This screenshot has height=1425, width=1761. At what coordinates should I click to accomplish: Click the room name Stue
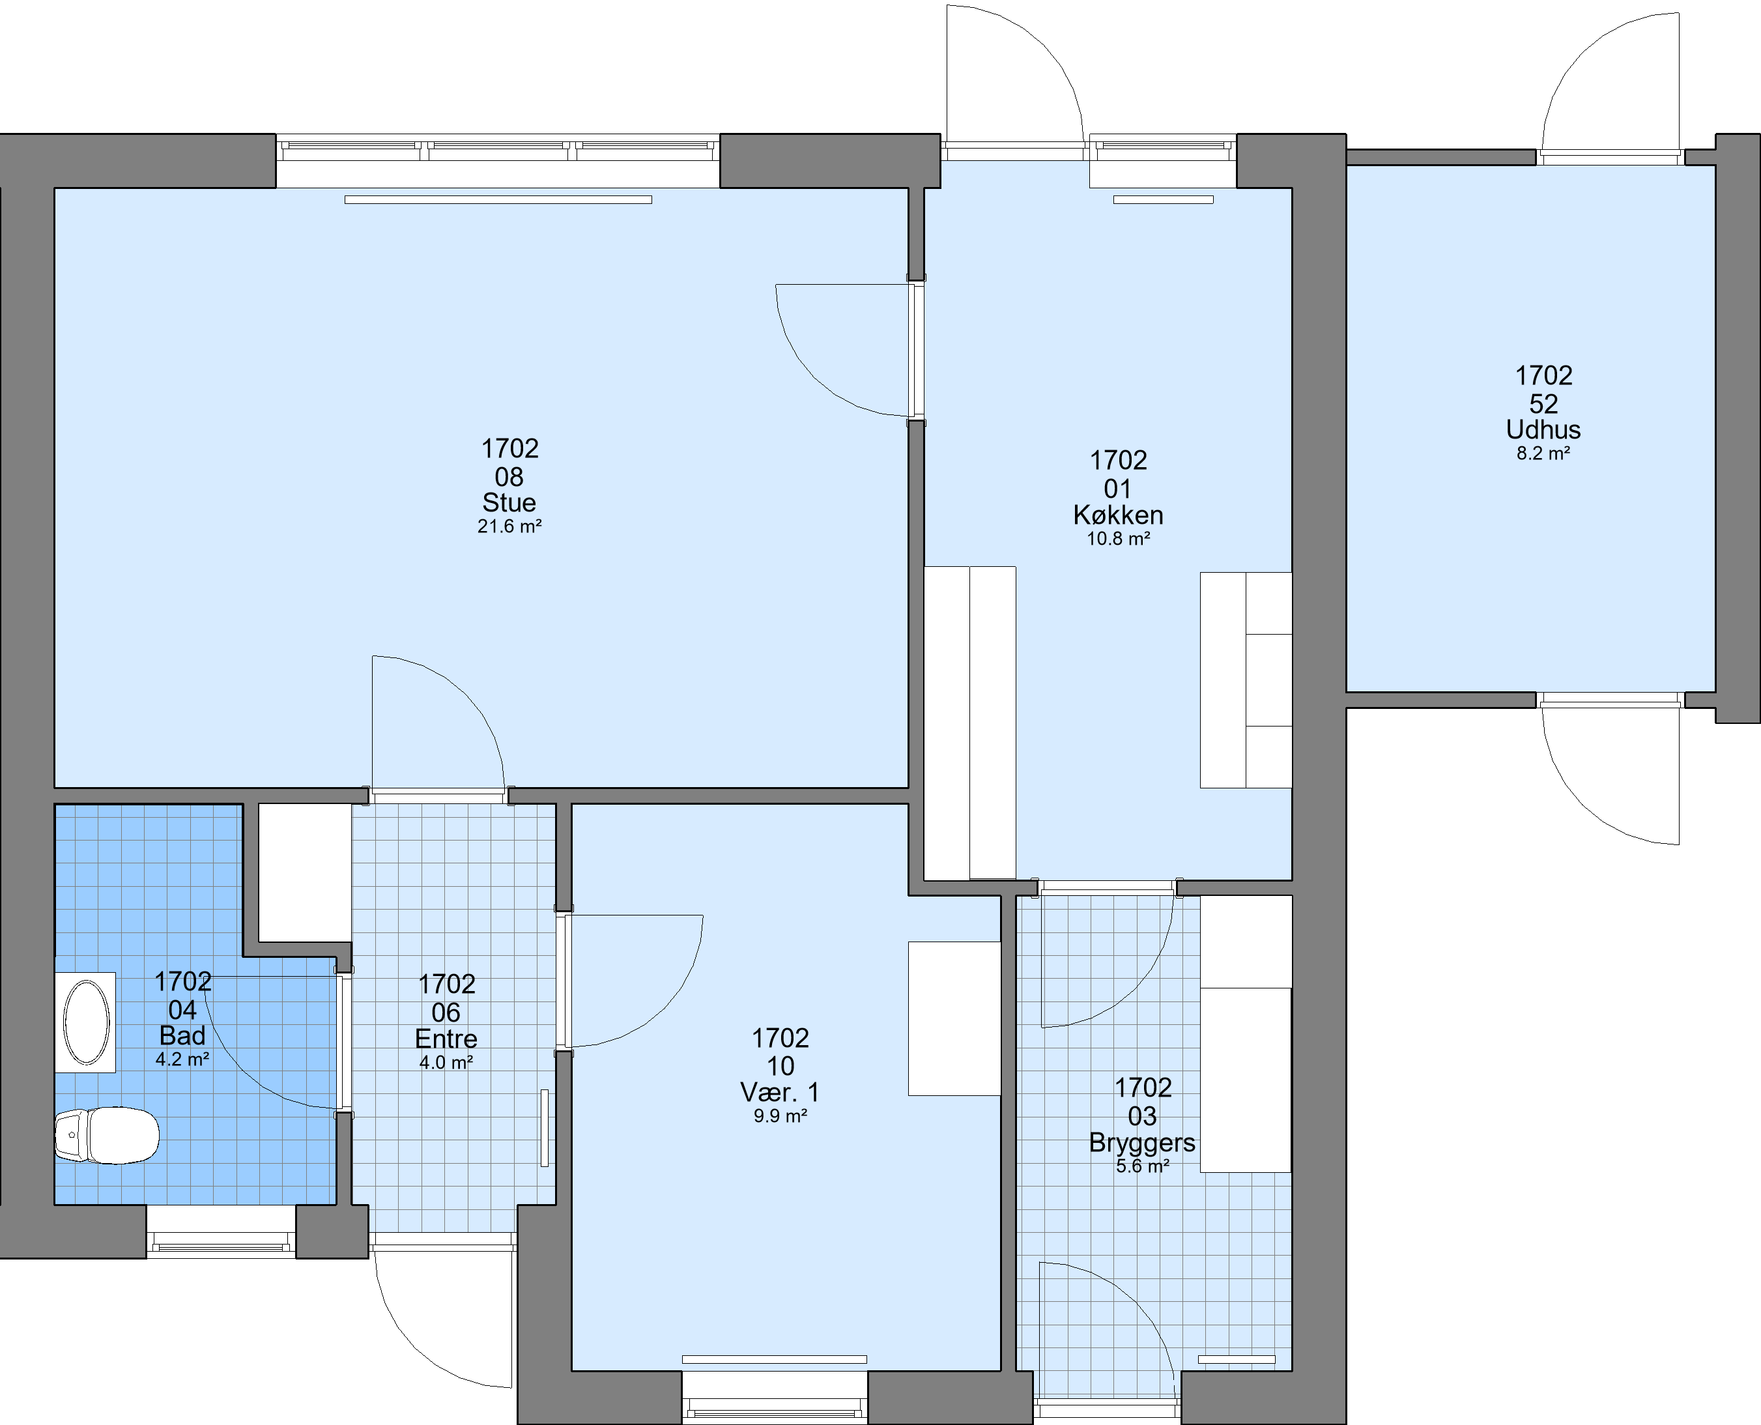click(x=509, y=502)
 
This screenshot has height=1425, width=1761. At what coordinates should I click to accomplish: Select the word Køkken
click(x=1118, y=515)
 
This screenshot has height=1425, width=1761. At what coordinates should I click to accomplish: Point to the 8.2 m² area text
click(x=1543, y=453)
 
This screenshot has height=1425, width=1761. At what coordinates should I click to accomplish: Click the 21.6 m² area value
click(x=509, y=526)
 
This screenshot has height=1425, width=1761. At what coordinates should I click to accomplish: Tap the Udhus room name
click(x=1543, y=429)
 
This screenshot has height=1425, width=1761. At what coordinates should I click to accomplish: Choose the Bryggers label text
click(x=1141, y=1144)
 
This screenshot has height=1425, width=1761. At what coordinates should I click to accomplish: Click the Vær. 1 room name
click(x=780, y=1092)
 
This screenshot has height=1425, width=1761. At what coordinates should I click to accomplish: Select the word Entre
click(x=446, y=1039)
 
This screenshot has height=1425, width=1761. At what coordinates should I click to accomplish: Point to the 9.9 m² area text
click(x=780, y=1116)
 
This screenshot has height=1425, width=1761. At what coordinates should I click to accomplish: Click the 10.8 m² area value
click(x=1118, y=538)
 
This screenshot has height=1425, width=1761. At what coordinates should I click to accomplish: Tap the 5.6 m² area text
click(x=1141, y=1166)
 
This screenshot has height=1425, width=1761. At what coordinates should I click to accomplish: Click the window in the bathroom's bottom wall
click(x=222, y=1244)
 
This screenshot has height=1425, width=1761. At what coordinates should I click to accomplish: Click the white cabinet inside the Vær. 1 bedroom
click(x=954, y=1018)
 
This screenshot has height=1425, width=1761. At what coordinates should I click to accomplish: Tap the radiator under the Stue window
click(x=498, y=199)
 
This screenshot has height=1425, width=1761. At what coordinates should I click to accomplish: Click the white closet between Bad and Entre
click(x=306, y=872)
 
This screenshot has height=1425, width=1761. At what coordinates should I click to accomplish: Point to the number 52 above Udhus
click(x=1543, y=404)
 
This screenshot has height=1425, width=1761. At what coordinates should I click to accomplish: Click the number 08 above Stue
click(x=509, y=477)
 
